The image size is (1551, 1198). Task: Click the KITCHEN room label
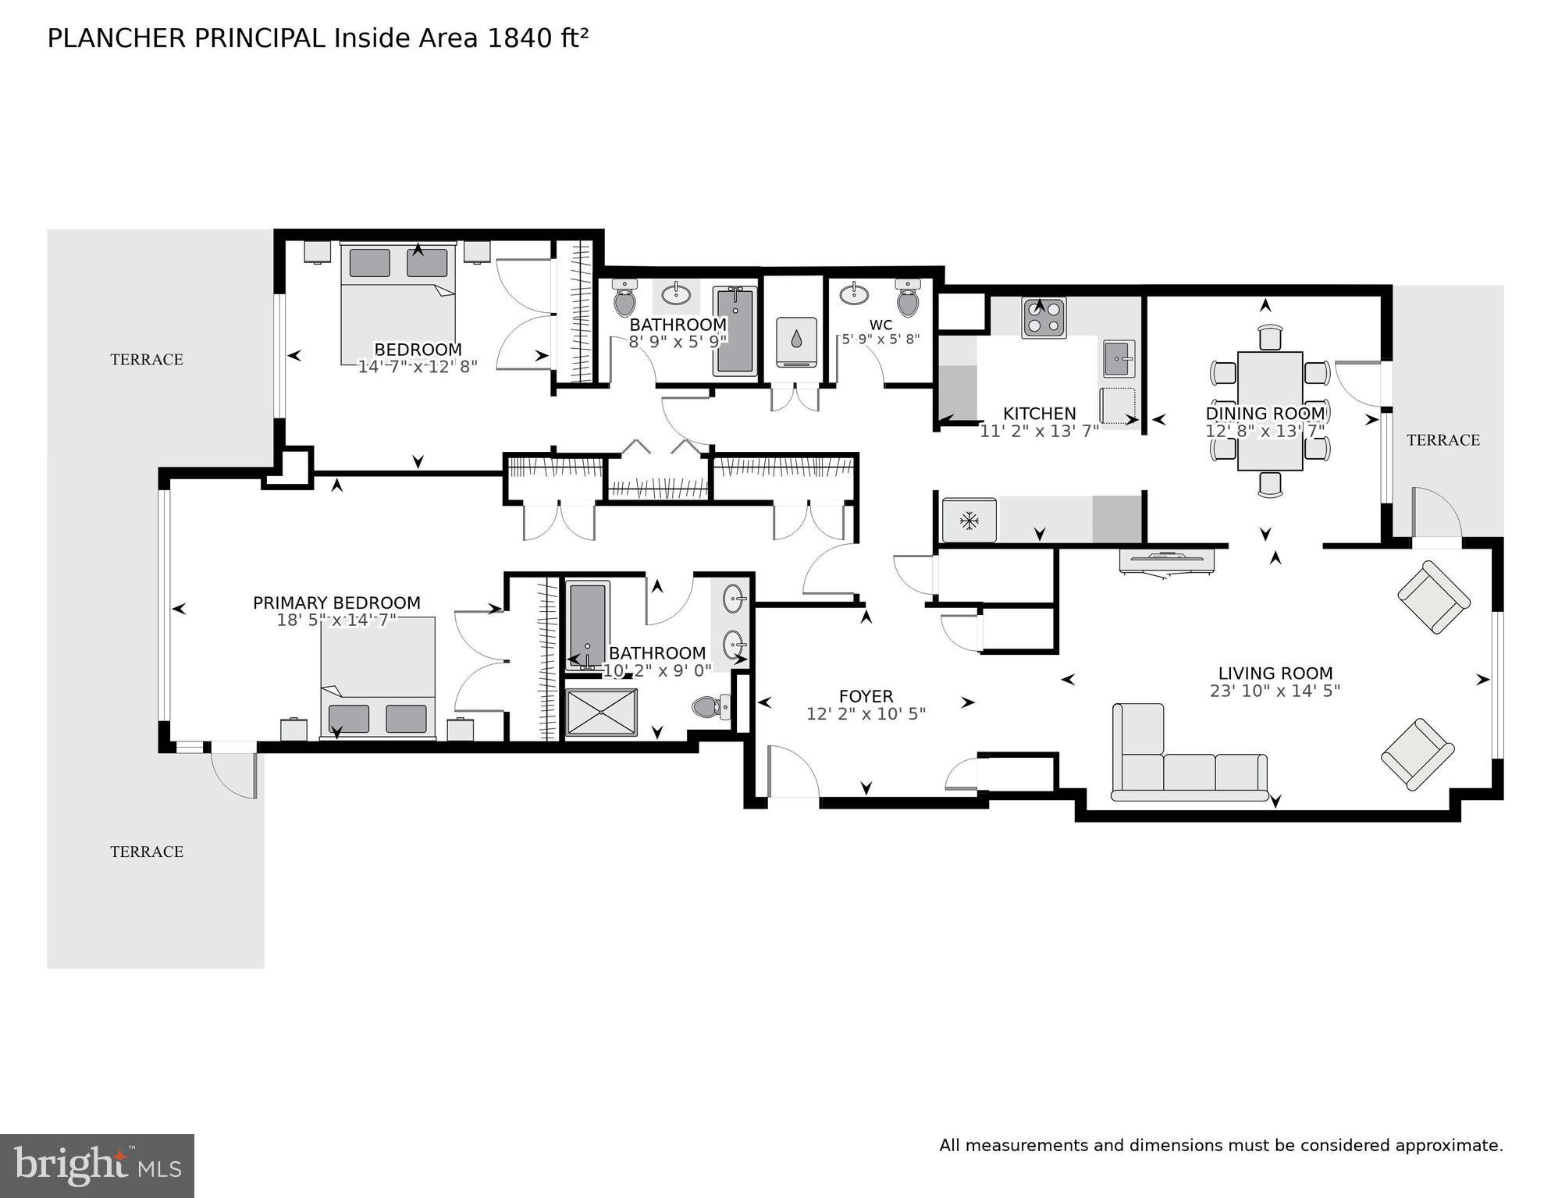[1039, 414]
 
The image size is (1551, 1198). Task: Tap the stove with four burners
[1044, 318]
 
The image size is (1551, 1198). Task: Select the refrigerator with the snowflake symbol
[969, 521]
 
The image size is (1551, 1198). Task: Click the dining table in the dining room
[1270, 411]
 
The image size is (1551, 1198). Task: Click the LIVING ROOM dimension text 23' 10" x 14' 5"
[1275, 691]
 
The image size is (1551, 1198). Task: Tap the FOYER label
[866, 696]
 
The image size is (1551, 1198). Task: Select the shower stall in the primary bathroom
[601, 712]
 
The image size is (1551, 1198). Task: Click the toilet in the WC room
[908, 298]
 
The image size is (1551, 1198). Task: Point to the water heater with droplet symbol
[796, 342]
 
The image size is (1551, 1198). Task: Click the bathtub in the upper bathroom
[735, 331]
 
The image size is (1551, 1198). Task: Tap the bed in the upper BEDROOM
[398, 304]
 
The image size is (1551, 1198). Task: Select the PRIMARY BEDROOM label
[336, 603]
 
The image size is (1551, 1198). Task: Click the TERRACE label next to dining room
[1443, 440]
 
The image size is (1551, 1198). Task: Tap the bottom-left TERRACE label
[147, 851]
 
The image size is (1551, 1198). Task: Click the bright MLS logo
[97, 1165]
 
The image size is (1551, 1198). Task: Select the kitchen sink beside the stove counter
[1119, 359]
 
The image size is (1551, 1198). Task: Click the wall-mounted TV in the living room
[1166, 560]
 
